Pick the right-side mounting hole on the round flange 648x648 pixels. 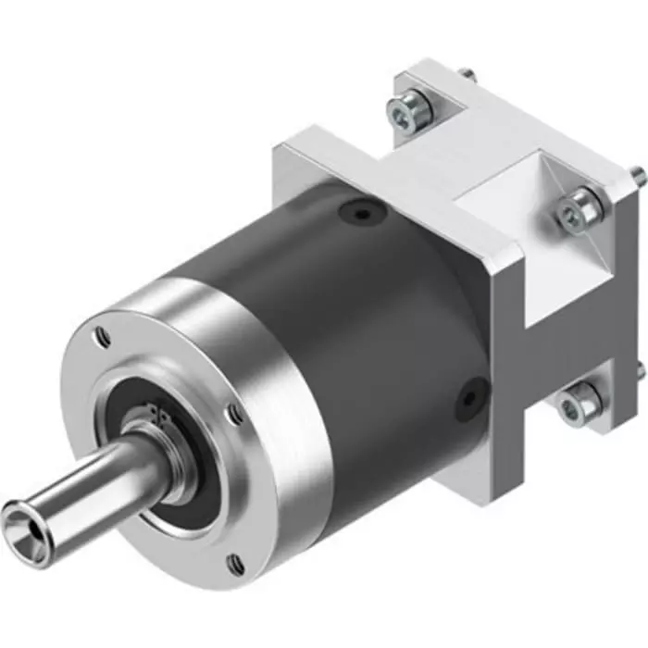pyautogui.click(x=236, y=414)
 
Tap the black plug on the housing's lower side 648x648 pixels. pyautogui.click(x=467, y=397)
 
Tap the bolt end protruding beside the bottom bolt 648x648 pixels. pyautogui.click(x=639, y=370)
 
